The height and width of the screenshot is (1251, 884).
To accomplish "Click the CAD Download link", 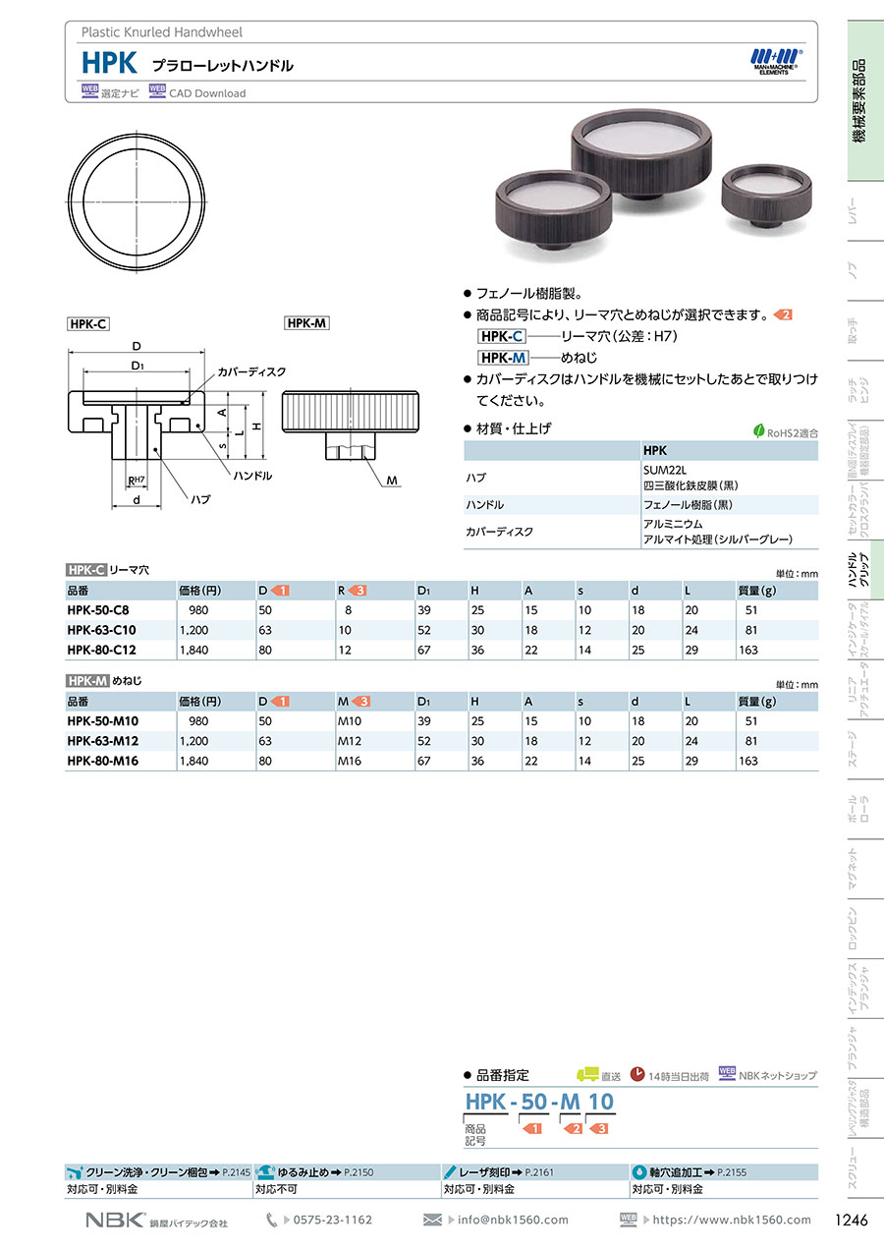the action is click(207, 93).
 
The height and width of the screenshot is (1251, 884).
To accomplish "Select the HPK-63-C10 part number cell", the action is click(101, 630).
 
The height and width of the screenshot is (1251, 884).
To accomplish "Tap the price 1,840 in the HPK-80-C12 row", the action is click(193, 651).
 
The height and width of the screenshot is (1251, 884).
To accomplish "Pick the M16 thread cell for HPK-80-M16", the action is click(350, 761).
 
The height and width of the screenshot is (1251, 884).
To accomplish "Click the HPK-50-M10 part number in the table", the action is click(103, 721).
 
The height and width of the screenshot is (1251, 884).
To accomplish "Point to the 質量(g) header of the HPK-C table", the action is click(756, 591).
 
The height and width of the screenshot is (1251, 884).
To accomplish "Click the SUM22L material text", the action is click(665, 471).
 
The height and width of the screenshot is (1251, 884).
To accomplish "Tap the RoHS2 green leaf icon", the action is click(758, 431).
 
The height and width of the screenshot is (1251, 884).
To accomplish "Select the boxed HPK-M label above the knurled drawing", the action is click(306, 322).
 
